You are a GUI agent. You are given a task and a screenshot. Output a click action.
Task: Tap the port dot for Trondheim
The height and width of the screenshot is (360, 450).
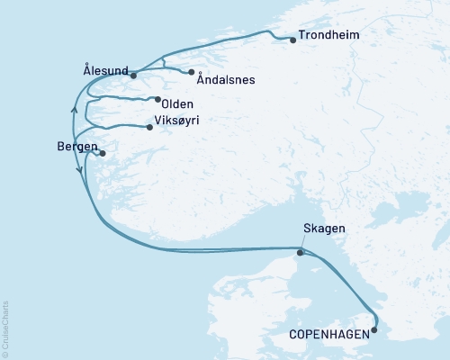click(293, 40)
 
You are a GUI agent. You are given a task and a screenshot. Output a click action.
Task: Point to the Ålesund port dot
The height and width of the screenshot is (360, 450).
click(133, 75)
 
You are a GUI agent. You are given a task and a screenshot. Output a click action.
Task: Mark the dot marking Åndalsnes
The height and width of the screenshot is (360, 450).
click(192, 72)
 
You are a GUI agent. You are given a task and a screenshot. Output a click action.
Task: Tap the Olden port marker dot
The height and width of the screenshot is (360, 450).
click(157, 100)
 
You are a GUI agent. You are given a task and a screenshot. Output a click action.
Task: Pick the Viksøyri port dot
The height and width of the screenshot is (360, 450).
click(150, 127)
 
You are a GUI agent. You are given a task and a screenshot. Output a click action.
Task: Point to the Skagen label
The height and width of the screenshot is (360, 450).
click(325, 230)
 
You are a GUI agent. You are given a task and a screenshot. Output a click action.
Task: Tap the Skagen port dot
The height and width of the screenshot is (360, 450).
click(301, 252)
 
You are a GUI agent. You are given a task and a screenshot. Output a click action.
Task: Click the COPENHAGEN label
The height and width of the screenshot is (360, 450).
click(328, 334)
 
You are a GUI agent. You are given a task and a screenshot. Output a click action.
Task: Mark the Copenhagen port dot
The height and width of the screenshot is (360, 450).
click(374, 329)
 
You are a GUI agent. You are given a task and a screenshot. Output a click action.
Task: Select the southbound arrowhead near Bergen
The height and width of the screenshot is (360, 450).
click(81, 168)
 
